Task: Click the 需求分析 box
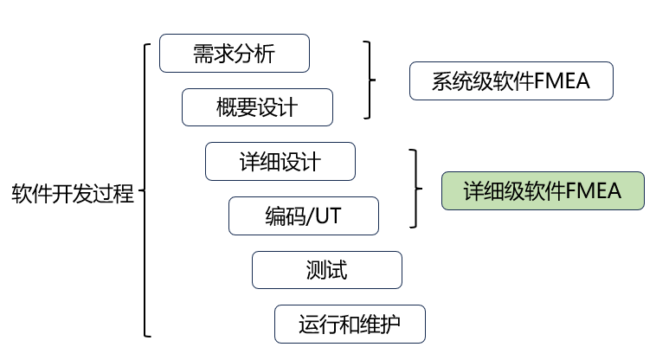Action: click(x=234, y=54)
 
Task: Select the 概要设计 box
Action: click(x=257, y=107)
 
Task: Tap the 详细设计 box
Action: click(x=280, y=161)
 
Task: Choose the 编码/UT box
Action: click(x=303, y=215)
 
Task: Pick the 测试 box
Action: click(x=326, y=270)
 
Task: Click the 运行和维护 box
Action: click(x=350, y=324)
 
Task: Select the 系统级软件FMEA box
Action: click(x=511, y=82)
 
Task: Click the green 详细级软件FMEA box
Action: click(x=543, y=191)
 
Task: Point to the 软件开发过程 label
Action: click(x=73, y=192)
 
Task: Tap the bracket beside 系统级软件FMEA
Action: click(x=370, y=80)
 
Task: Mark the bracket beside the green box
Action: click(x=415, y=188)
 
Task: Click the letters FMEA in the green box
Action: click(x=600, y=191)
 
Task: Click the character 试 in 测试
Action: click(x=338, y=270)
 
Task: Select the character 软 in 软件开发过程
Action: click(x=22, y=192)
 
